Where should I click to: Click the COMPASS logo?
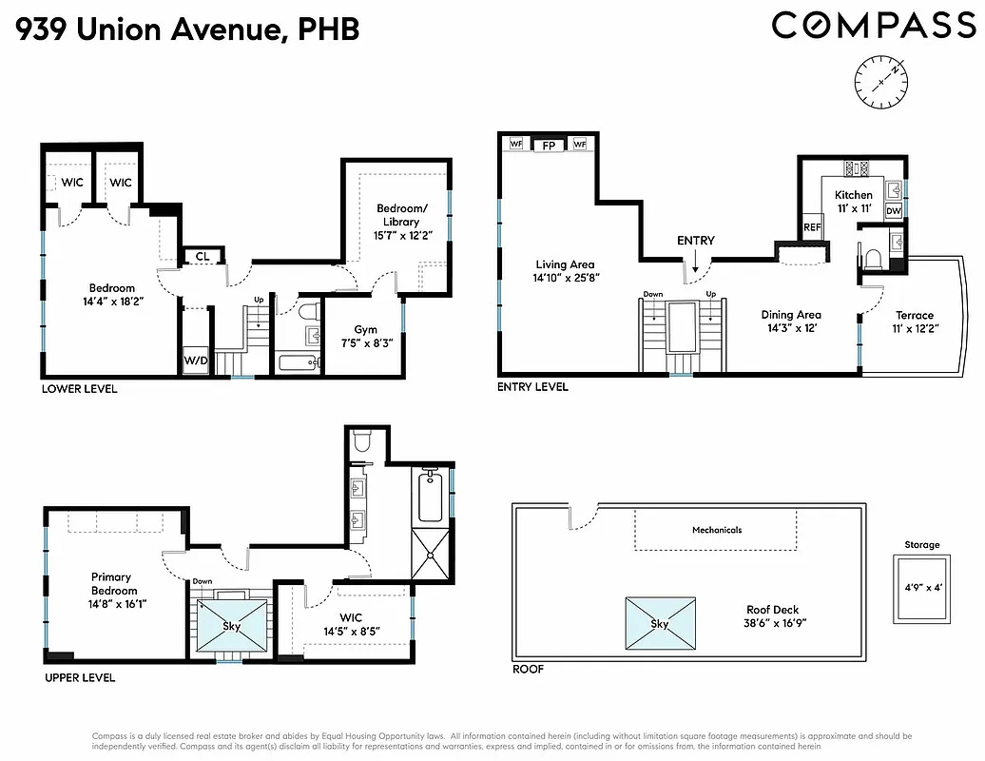pos(873,26)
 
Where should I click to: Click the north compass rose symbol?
pos(880,81)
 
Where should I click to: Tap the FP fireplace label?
pos(548,146)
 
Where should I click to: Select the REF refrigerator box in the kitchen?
pos(812,228)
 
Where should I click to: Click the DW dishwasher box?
pos(894,211)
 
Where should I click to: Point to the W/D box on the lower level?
pos(196,361)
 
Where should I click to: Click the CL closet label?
pos(203,256)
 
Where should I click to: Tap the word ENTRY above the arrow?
pos(695,242)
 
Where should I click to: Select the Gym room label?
pos(366,330)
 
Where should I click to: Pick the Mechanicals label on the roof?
pos(717,530)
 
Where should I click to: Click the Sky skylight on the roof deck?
pos(659,624)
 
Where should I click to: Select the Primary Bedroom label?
pos(111,583)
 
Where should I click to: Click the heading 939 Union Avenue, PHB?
pos(187,29)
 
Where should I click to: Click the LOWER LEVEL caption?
pos(79,389)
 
